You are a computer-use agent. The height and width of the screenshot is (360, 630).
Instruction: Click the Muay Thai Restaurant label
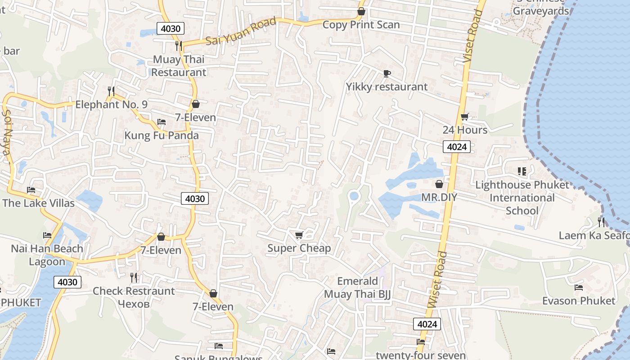pyautogui.click(x=179, y=66)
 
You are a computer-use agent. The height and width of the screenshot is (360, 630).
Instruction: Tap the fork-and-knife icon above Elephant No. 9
pyautogui.click(x=111, y=91)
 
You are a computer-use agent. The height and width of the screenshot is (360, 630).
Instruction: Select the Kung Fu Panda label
pyautogui.click(x=161, y=135)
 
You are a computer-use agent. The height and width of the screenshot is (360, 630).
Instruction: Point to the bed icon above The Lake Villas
pyautogui.click(x=31, y=190)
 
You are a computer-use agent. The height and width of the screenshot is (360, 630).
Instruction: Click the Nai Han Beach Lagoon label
pyautogui.click(x=47, y=255)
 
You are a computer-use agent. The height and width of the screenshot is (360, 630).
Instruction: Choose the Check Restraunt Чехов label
pyautogui.click(x=133, y=297)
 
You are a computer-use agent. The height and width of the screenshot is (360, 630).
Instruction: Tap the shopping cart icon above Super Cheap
pyautogui.click(x=299, y=235)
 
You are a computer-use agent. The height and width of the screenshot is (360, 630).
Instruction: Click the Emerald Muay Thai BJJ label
pyautogui.click(x=358, y=288)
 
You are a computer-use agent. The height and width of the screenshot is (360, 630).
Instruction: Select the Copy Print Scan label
pyautogui.click(x=361, y=25)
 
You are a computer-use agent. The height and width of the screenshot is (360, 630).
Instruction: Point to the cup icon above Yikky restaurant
pyautogui.click(x=387, y=73)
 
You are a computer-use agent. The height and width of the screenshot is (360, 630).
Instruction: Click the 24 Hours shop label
pyautogui.click(x=465, y=130)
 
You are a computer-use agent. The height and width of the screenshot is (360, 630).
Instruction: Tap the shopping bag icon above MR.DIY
pyautogui.click(x=439, y=184)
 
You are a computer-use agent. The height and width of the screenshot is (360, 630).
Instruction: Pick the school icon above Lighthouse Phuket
pyautogui.click(x=522, y=171)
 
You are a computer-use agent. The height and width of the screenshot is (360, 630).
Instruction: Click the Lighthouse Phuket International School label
pyautogui.click(x=522, y=198)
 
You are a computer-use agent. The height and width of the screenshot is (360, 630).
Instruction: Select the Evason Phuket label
pyautogui.click(x=578, y=301)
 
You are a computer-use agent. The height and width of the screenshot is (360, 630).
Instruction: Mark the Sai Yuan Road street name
pyautogui.click(x=241, y=31)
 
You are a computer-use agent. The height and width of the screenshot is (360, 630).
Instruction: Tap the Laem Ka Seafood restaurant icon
pyautogui.click(x=601, y=222)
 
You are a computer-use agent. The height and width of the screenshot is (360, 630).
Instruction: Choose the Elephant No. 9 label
pyautogui.click(x=111, y=105)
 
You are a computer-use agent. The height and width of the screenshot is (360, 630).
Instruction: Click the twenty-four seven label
pyautogui.click(x=421, y=355)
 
